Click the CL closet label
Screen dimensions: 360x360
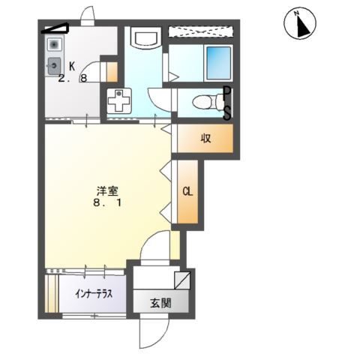(187, 191)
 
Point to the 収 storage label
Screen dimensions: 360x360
(204, 138)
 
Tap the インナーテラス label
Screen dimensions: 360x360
(93, 295)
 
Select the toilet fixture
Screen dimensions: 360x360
(204, 102)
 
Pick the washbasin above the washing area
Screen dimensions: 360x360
(142, 37)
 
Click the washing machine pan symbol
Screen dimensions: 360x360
(118, 100)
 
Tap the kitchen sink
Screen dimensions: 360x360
(55, 67)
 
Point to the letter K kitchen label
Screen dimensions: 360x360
(73, 65)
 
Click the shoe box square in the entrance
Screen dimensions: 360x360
(181, 281)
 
